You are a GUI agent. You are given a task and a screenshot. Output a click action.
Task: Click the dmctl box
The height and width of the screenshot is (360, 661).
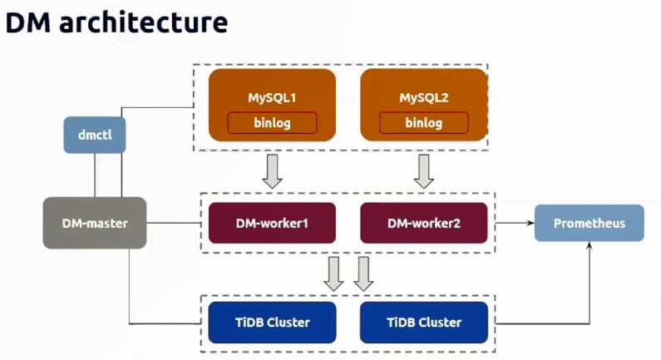point(95,135)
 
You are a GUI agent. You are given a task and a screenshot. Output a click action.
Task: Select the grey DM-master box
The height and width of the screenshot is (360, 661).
point(95,223)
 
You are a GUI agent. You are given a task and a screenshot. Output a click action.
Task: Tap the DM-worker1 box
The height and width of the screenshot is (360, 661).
point(273,223)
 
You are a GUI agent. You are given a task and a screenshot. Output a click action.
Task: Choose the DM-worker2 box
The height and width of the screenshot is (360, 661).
point(424,223)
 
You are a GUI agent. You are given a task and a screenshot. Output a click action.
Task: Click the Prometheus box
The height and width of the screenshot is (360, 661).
point(589,223)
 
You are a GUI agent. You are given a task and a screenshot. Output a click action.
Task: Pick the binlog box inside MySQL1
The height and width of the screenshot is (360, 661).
point(273,123)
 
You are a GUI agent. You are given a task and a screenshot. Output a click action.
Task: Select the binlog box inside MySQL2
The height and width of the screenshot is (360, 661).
point(424,123)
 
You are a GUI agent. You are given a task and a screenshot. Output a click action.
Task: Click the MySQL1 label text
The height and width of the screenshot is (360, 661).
point(273,98)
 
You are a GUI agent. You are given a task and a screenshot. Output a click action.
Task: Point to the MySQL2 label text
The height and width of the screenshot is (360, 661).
point(424,98)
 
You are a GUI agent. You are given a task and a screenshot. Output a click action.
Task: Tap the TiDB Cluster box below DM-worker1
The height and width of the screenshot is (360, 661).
point(273,323)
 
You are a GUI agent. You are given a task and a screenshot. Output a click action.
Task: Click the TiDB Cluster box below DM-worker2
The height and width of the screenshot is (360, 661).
point(424,323)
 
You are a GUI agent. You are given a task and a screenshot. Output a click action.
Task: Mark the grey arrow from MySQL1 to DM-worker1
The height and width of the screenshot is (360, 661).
point(273,171)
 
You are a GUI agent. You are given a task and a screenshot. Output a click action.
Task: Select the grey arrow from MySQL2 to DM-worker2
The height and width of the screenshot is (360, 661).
point(424,171)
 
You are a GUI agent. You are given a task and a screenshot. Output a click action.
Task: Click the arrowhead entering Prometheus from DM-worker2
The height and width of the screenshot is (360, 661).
point(531,223)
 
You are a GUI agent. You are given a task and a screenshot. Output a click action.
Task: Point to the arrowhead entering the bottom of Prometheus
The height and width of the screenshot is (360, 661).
point(589,245)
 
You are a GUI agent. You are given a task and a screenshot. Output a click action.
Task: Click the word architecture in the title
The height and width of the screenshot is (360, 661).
point(144,22)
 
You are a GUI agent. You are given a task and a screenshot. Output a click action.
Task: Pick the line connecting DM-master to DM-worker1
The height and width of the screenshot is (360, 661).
point(174,223)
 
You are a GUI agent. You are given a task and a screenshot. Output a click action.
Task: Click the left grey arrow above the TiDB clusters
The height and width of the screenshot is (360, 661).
point(333,274)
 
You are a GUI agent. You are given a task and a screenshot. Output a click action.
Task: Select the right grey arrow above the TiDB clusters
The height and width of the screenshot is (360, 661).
point(363,274)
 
